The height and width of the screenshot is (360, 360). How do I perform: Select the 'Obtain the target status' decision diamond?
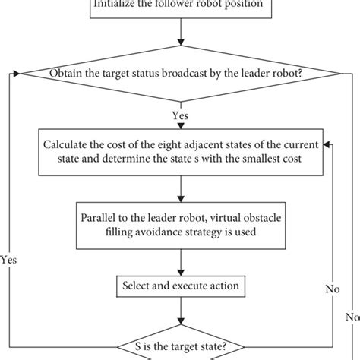[180, 73]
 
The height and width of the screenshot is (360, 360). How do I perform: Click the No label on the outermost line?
[352, 317]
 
